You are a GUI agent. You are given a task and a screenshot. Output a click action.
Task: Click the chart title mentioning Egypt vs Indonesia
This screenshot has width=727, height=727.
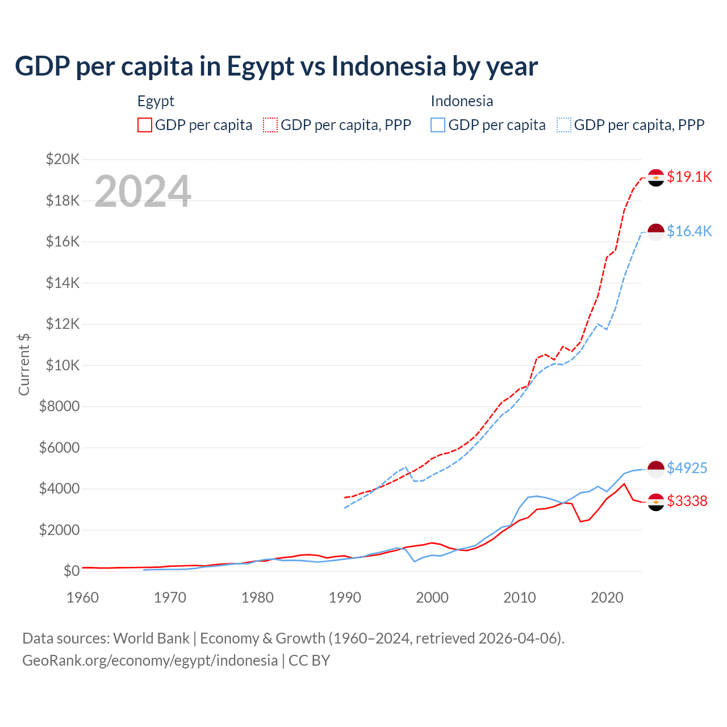point(276,66)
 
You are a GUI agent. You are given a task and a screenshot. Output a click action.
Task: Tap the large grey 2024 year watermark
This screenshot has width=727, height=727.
point(143,191)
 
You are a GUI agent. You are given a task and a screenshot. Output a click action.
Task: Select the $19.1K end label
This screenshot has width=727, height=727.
point(689,177)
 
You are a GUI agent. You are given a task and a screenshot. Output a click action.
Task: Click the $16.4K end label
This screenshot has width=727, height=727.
point(689,231)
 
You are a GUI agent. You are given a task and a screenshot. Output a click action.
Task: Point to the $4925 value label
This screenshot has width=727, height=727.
point(687,468)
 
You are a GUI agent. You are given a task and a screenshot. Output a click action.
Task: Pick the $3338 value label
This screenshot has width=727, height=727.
point(687,501)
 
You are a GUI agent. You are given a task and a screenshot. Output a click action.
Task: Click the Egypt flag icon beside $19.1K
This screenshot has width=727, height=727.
point(656,178)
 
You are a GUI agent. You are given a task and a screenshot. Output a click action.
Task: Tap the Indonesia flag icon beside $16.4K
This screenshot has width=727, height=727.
point(656,232)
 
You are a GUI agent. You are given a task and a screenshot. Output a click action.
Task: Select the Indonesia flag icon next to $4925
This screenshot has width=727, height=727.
point(656,469)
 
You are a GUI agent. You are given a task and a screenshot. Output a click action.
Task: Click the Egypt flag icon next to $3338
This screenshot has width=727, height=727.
point(656,502)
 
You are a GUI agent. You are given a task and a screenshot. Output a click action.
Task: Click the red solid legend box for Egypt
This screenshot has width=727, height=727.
point(145,125)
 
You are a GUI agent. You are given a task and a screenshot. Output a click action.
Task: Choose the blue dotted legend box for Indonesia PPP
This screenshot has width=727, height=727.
point(564,125)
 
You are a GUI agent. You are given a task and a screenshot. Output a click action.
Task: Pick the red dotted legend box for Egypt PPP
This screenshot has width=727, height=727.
point(270,125)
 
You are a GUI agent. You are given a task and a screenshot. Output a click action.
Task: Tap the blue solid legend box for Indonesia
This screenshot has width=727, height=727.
point(438,125)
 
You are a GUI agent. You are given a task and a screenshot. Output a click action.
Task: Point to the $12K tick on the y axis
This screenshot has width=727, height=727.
point(63,324)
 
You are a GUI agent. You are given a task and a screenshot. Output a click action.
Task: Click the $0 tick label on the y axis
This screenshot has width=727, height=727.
point(71,571)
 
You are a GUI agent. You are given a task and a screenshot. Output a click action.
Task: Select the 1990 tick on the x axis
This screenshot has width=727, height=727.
point(345,598)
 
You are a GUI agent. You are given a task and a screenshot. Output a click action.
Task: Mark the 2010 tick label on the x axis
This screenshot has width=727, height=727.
point(520,598)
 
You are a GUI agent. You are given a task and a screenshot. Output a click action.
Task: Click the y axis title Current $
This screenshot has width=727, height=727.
point(24,365)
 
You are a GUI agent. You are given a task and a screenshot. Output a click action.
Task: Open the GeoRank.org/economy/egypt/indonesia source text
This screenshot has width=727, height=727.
point(150,660)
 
